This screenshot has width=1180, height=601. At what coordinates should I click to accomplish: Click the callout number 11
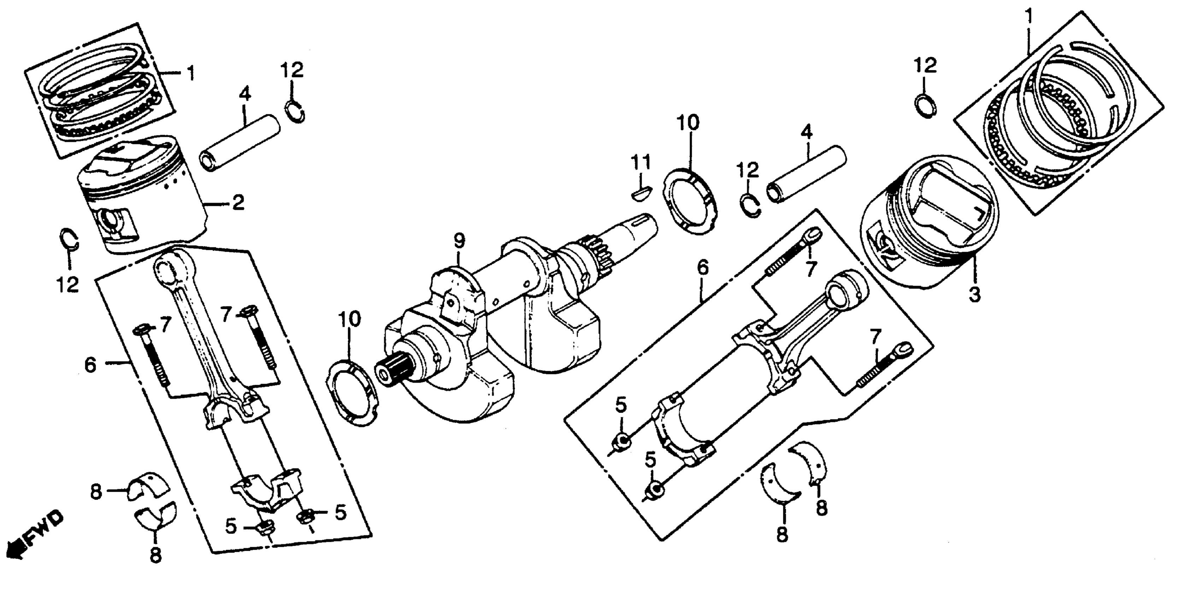[641, 162]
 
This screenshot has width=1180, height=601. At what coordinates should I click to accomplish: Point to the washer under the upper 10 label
[690, 202]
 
